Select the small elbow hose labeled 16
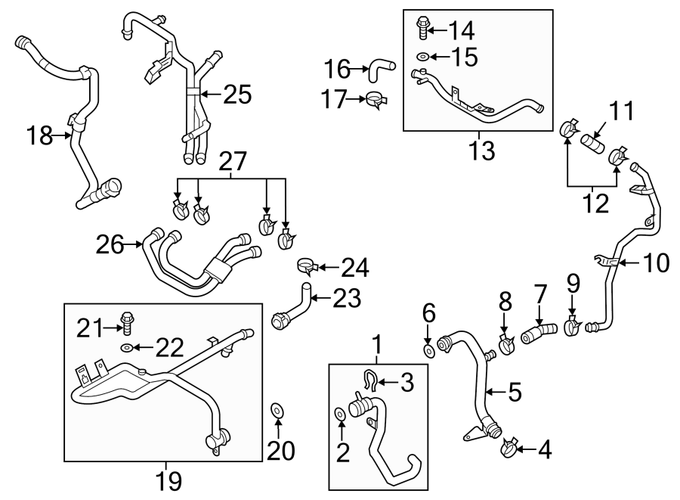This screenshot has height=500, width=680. click(379, 71)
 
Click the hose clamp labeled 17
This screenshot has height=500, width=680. click(373, 99)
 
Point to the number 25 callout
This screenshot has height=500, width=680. click(236, 95)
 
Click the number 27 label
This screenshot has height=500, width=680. click(233, 161)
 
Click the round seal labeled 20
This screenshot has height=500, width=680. click(277, 411)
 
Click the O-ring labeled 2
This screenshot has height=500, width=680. click(339, 414)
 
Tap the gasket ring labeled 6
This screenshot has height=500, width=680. click(429, 350)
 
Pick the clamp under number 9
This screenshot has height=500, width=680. click(572, 327)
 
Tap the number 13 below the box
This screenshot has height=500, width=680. click(481, 151)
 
